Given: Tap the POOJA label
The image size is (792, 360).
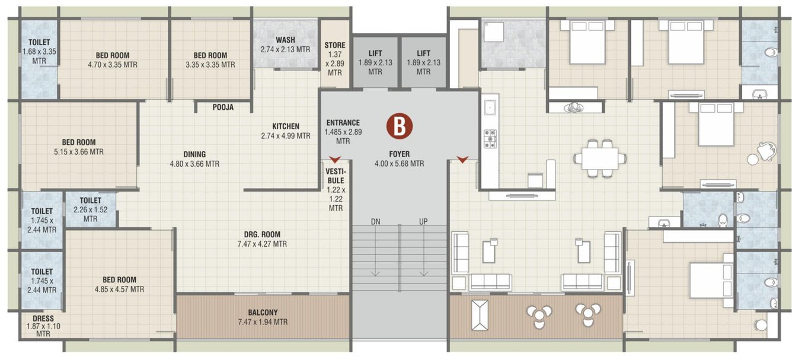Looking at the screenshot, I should (x=223, y=107).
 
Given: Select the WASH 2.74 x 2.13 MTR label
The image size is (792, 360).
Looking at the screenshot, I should (x=285, y=44).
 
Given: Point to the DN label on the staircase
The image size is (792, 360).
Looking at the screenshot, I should (x=375, y=221).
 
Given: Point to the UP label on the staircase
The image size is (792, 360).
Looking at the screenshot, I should (x=423, y=221).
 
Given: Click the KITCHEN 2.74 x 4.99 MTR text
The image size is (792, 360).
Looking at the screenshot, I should (x=286, y=131).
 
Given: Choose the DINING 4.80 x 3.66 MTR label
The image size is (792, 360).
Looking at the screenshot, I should (x=195, y=159).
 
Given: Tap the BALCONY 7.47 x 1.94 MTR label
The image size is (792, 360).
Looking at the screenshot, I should (x=262, y=317).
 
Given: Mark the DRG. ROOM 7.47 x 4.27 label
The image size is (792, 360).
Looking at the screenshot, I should (x=261, y=239).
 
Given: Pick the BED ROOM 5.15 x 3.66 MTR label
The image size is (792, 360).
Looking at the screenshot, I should (x=79, y=147).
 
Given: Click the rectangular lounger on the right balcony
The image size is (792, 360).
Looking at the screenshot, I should (x=479, y=315).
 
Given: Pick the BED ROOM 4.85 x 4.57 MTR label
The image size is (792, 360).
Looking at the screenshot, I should (x=119, y=285).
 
